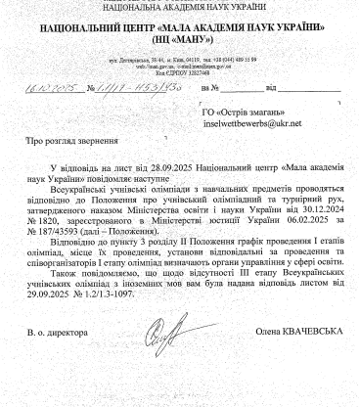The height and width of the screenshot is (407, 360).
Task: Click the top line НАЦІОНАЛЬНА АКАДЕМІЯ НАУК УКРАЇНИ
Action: [180, 5]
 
